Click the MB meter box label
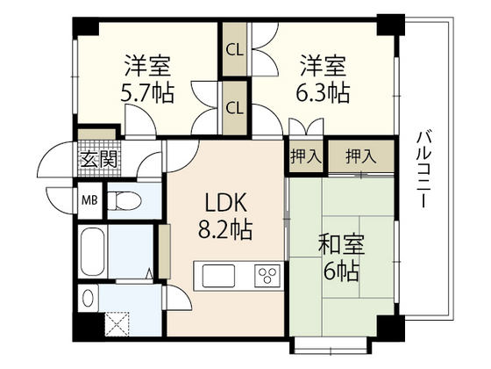click(89, 199)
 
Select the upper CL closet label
click(234, 50)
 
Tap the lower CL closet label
click(234, 108)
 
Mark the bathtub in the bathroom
click(90, 251)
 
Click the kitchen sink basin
click(218, 277)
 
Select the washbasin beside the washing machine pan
click(87, 293)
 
